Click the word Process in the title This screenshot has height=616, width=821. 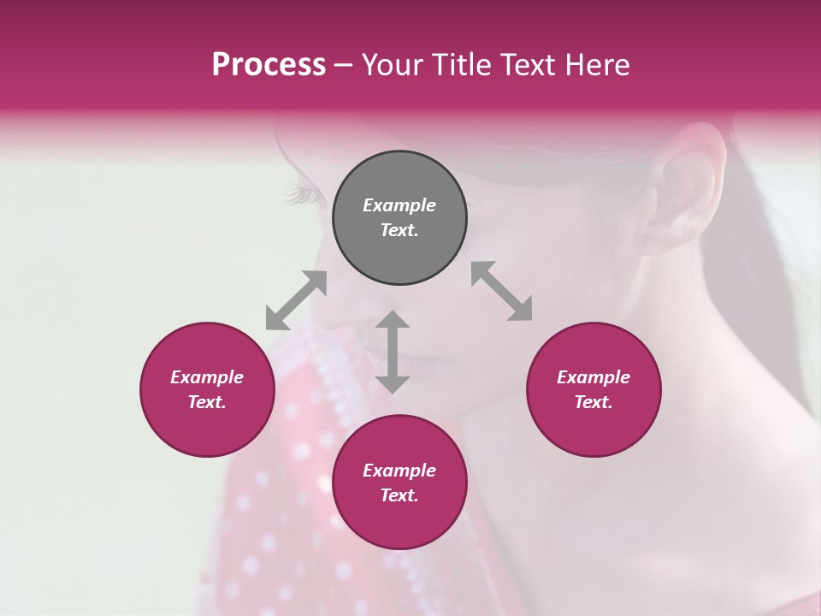[269, 65]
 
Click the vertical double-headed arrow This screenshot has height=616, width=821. [393, 352]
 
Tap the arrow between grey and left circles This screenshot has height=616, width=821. [296, 300]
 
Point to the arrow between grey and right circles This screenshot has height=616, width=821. [502, 292]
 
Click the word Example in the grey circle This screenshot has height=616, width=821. [399, 205]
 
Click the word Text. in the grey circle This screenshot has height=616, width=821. [399, 230]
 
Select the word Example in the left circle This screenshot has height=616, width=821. [207, 377]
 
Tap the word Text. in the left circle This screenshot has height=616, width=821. [207, 402]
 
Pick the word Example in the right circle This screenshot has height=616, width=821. [594, 377]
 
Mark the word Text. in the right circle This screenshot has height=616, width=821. [594, 402]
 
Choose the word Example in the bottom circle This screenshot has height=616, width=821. [399, 471]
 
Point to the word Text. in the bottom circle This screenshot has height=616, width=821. [399, 495]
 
